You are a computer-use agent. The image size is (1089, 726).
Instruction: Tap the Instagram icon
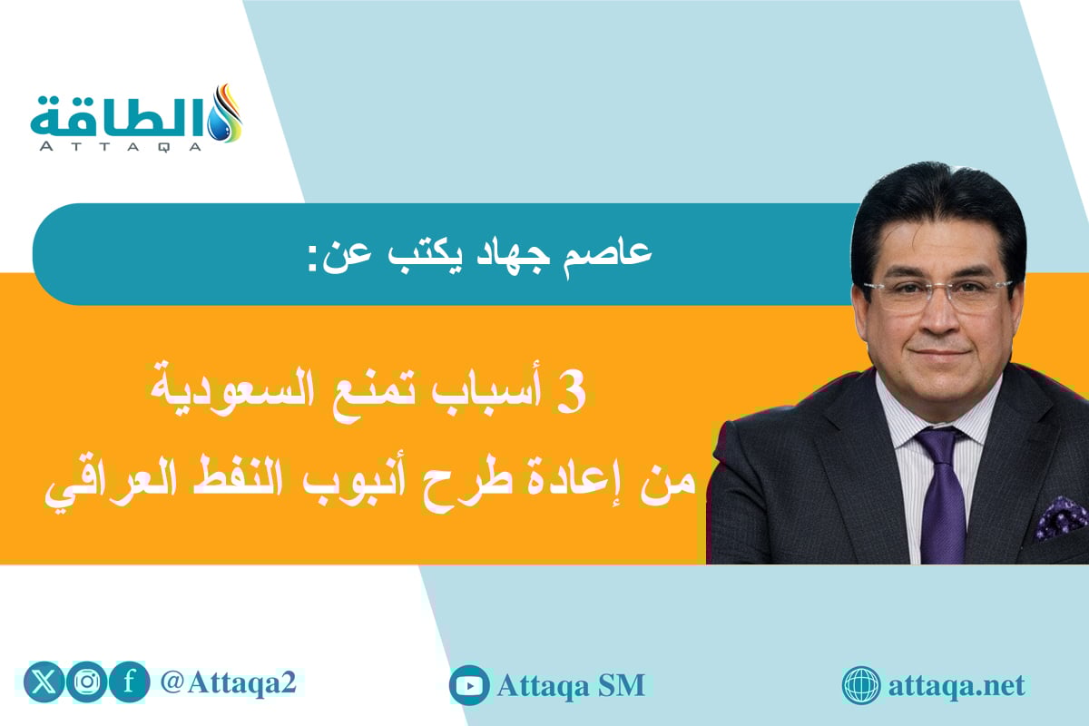[x=88, y=682]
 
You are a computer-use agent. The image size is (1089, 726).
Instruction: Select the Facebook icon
[x=130, y=682]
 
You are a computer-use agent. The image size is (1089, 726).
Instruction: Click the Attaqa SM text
[x=571, y=685]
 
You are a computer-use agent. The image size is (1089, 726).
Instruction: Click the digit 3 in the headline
[x=576, y=398]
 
